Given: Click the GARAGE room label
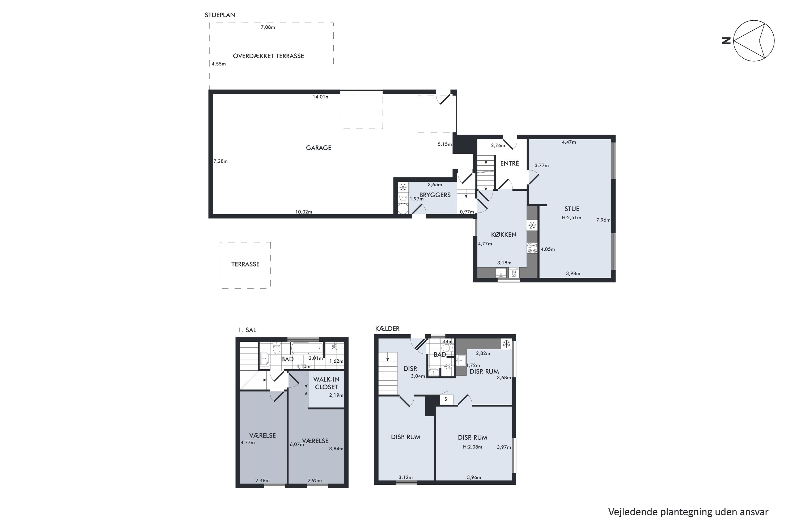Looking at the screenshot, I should point(318,148).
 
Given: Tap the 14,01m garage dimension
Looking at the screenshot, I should point(320,97).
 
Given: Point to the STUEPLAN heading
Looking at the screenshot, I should point(220,15).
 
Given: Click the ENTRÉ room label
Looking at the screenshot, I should point(509,164).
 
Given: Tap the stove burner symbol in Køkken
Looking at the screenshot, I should point(532,248).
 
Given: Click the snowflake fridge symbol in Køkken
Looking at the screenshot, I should point(532,225).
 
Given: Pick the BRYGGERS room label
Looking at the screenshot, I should point(435,195).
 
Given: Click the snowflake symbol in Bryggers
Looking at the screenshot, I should point(402,187).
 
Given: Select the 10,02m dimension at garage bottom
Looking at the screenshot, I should point(303,212).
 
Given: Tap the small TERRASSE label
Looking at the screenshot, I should point(245,264).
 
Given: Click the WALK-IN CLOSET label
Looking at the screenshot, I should point(326,383).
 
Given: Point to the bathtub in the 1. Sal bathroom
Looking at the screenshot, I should point(306,348).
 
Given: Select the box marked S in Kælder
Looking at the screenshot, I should point(445,399).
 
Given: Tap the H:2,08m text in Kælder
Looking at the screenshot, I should point(472,447).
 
